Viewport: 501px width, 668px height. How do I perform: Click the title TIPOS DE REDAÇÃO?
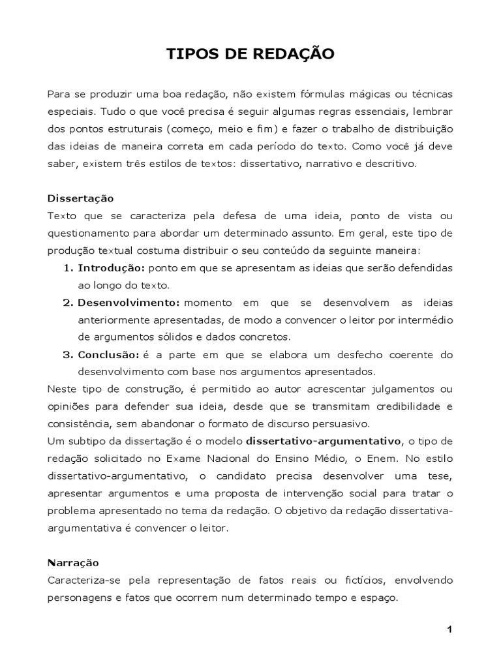[250, 54]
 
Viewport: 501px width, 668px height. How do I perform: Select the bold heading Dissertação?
[81, 198]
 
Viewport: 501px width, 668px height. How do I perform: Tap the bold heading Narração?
[74, 562]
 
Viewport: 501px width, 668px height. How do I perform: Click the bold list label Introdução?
[111, 268]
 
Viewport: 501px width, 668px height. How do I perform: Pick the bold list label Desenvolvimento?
[129, 303]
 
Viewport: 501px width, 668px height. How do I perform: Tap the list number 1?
[67, 268]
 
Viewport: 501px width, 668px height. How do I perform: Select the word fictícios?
[379, 580]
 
